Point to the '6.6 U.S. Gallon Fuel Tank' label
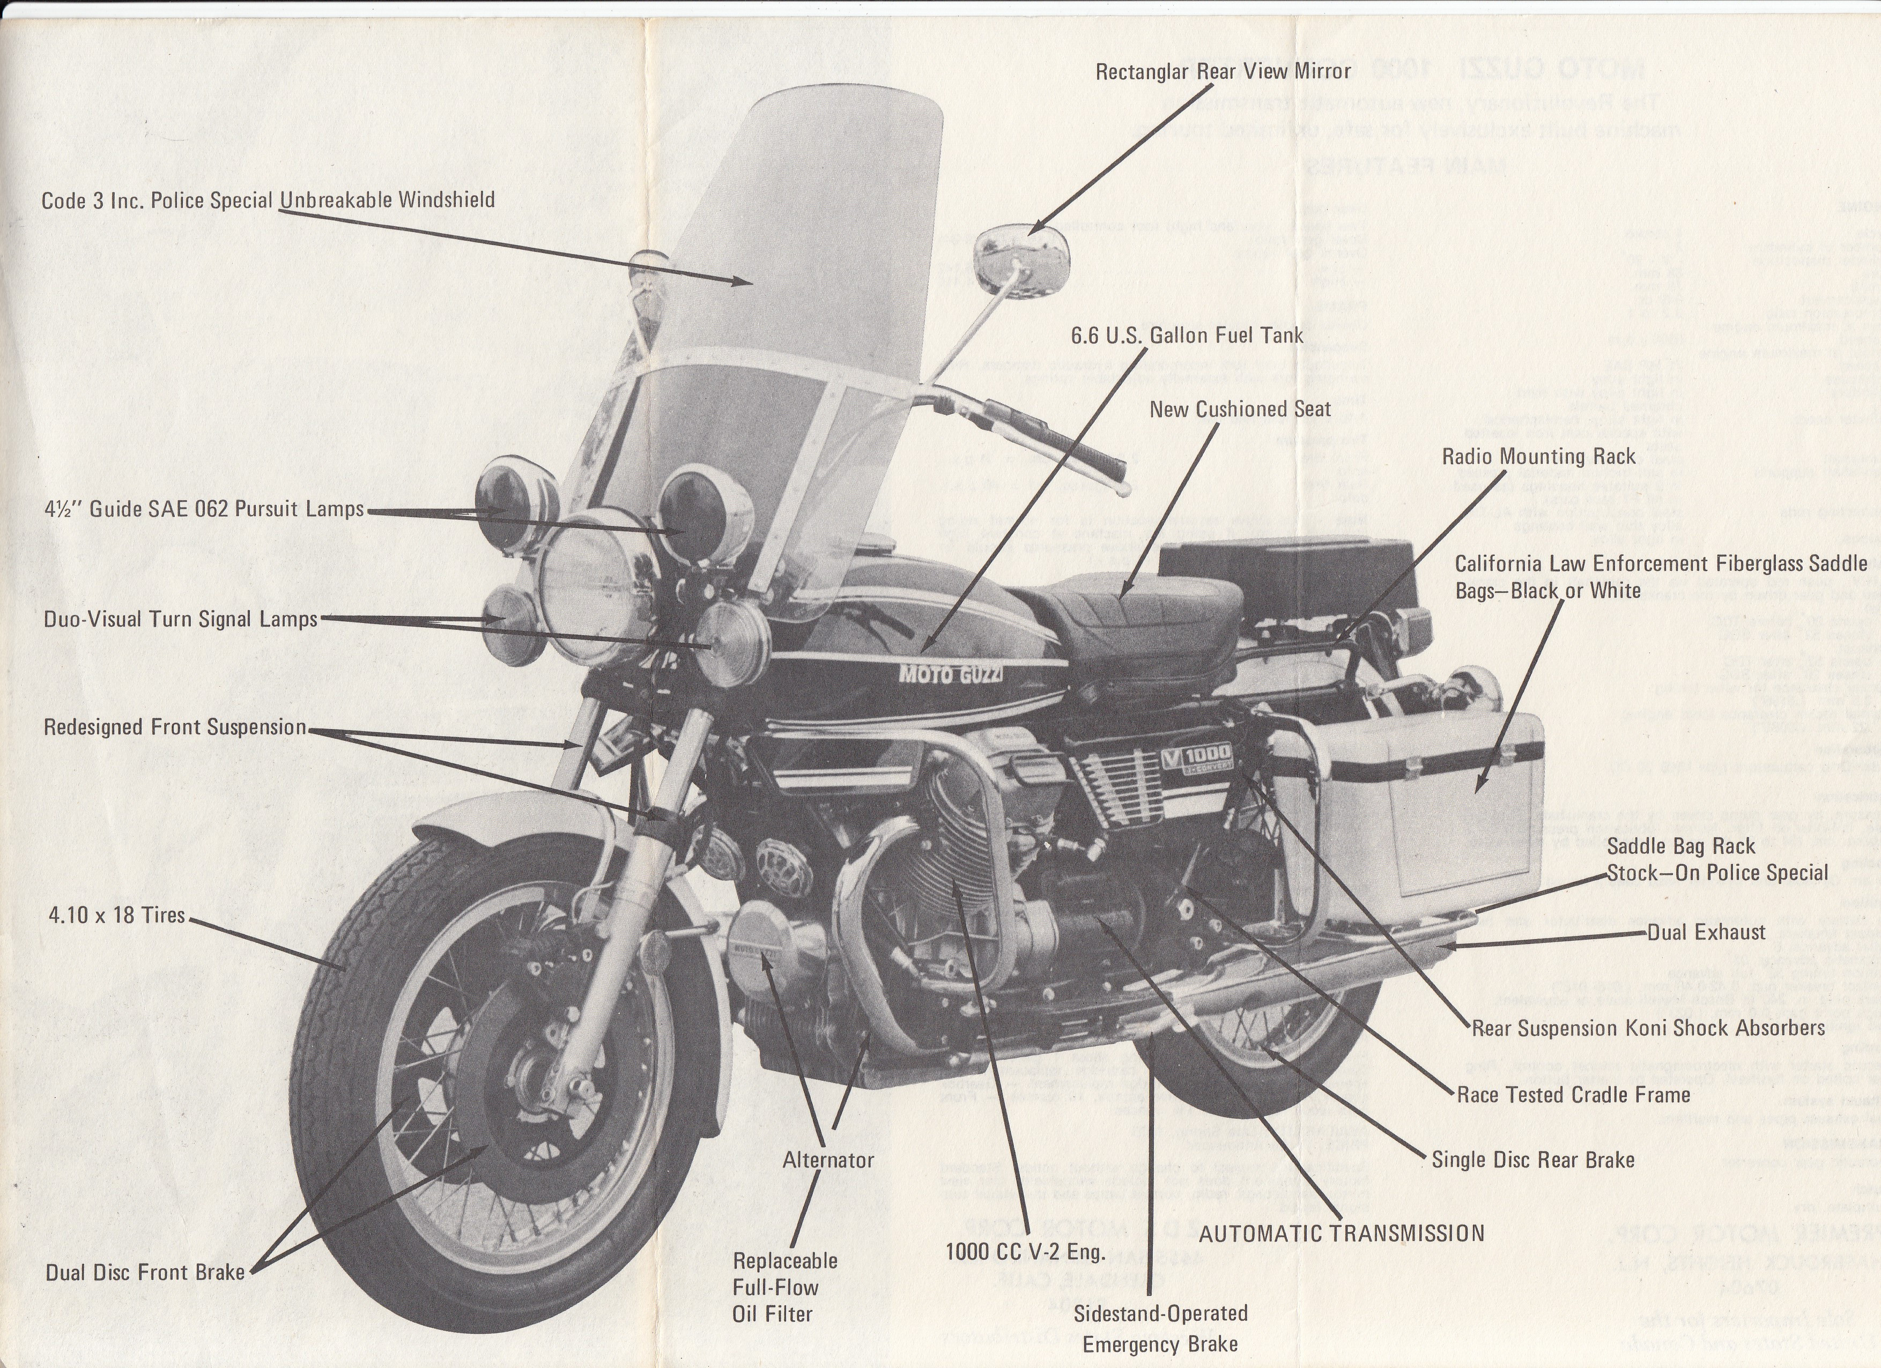(x=1187, y=336)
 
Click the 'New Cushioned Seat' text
(x=1240, y=410)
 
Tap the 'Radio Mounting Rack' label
(x=1538, y=457)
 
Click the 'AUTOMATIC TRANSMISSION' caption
(x=1341, y=1233)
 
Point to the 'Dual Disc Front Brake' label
(x=145, y=1273)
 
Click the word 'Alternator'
(x=828, y=1161)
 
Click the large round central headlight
(x=599, y=584)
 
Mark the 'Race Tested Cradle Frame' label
(x=1573, y=1095)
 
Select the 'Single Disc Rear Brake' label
(x=1532, y=1160)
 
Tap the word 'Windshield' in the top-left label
(x=446, y=200)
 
